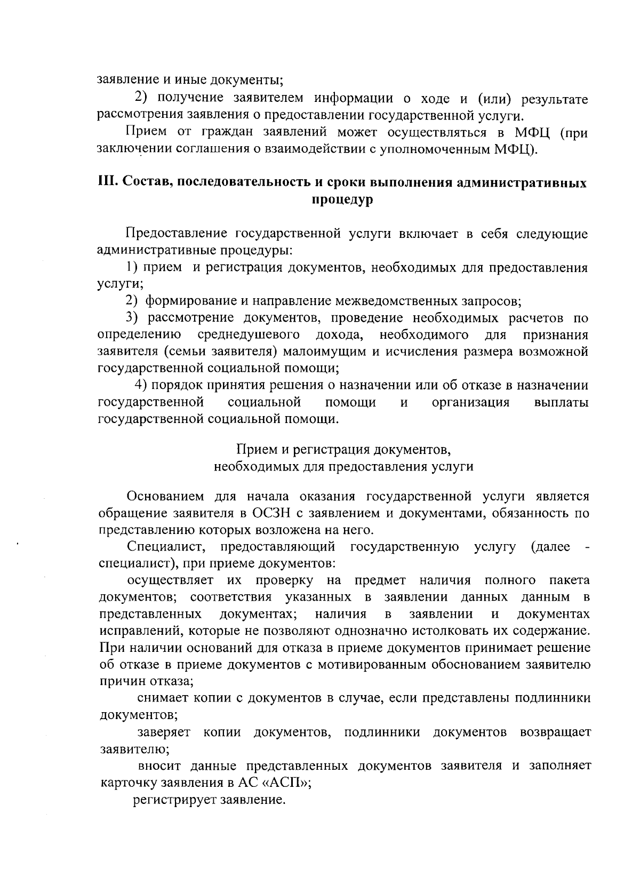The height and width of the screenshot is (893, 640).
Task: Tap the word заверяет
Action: (x=163, y=732)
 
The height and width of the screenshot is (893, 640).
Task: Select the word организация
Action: (x=470, y=402)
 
